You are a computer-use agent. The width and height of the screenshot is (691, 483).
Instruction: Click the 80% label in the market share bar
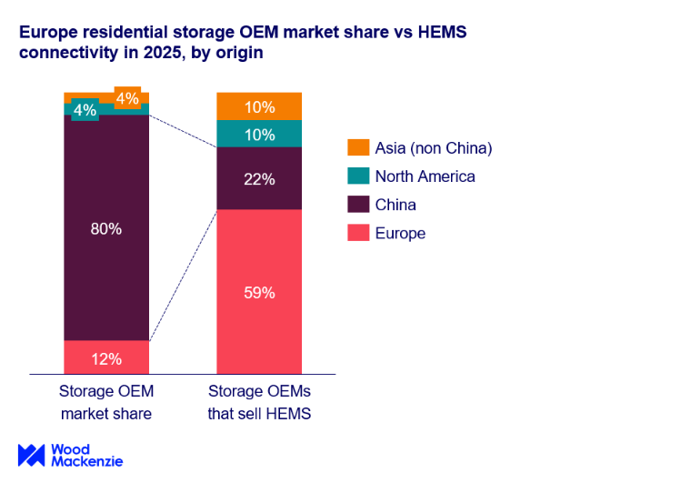[106, 228]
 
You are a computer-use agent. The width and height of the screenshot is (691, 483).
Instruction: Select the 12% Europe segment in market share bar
[106, 358]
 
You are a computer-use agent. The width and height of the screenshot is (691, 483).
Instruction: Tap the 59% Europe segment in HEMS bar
[259, 292]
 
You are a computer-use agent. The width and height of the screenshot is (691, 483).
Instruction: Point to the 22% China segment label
[259, 179]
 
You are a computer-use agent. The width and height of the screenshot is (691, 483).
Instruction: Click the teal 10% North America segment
[259, 135]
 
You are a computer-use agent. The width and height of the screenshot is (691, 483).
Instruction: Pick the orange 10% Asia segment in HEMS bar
[259, 107]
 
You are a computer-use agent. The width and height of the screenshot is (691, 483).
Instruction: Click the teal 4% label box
[85, 111]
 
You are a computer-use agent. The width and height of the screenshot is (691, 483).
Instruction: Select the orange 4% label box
[127, 98]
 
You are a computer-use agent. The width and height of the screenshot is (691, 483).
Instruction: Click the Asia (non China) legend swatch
[358, 148]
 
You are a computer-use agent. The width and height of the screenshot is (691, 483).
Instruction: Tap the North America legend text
[425, 176]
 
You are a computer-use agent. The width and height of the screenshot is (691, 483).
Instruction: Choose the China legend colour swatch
[358, 205]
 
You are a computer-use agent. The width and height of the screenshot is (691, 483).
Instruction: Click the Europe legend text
[400, 233]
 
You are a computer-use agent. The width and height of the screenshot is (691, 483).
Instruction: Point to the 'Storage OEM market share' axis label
[106, 403]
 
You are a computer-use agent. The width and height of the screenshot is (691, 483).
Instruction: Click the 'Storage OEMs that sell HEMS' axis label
[259, 403]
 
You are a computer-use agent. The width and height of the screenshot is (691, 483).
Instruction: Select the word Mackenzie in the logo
[85, 462]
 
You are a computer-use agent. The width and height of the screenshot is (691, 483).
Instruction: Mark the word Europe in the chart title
[47, 33]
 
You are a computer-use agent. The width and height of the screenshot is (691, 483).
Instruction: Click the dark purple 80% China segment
[106, 273]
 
